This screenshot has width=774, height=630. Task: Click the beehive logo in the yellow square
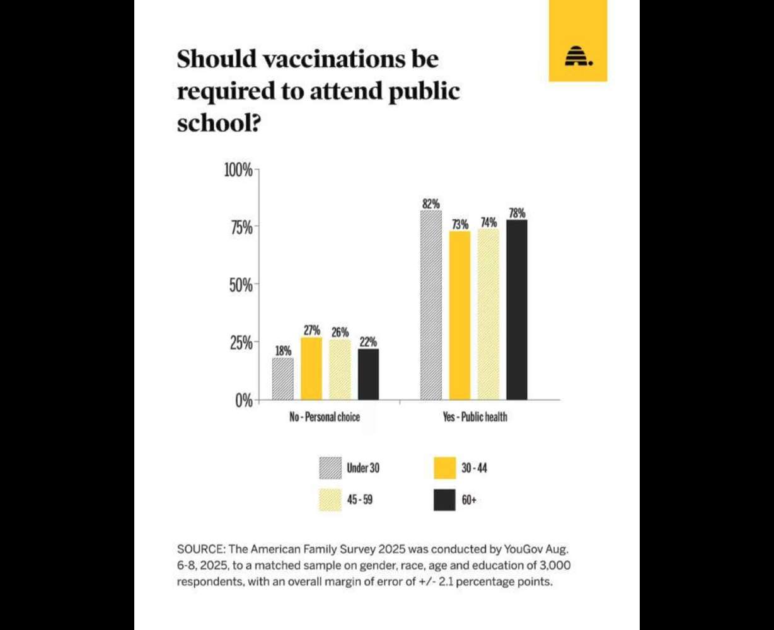[x=577, y=56]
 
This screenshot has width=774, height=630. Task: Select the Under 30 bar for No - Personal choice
[x=282, y=379]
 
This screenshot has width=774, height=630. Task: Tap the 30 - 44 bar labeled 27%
[x=311, y=369]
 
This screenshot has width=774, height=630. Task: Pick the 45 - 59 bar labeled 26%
[x=340, y=370]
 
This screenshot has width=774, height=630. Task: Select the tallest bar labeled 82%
[x=431, y=305]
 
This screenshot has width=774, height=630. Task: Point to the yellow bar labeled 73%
[x=459, y=315]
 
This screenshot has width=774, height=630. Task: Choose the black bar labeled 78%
[x=517, y=309]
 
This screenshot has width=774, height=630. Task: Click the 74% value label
[x=488, y=222]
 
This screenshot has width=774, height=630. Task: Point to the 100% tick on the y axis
[x=239, y=170]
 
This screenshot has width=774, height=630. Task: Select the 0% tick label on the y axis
[x=243, y=401]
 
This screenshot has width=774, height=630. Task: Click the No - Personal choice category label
[x=324, y=417]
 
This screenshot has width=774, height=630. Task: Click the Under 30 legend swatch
[x=330, y=468]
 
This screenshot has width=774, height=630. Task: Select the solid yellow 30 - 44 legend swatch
[x=444, y=468]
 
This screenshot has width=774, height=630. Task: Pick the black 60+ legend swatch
[x=444, y=501]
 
